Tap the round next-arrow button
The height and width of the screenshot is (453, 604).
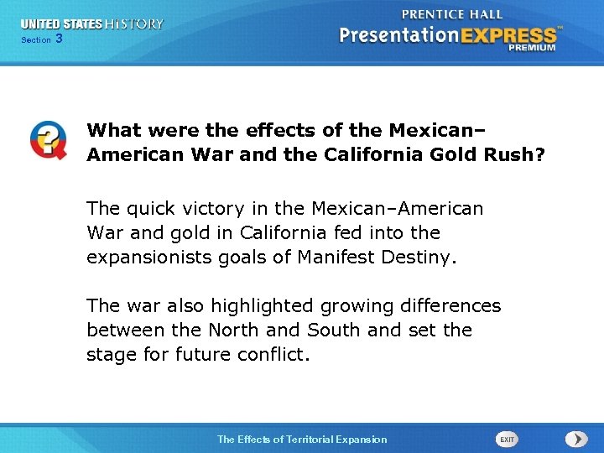coord(575,439)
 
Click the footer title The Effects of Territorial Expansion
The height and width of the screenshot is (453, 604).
coord(302,440)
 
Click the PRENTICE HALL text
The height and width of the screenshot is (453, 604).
coord(452,14)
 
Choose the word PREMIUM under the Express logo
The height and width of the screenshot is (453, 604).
coord(531,48)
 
